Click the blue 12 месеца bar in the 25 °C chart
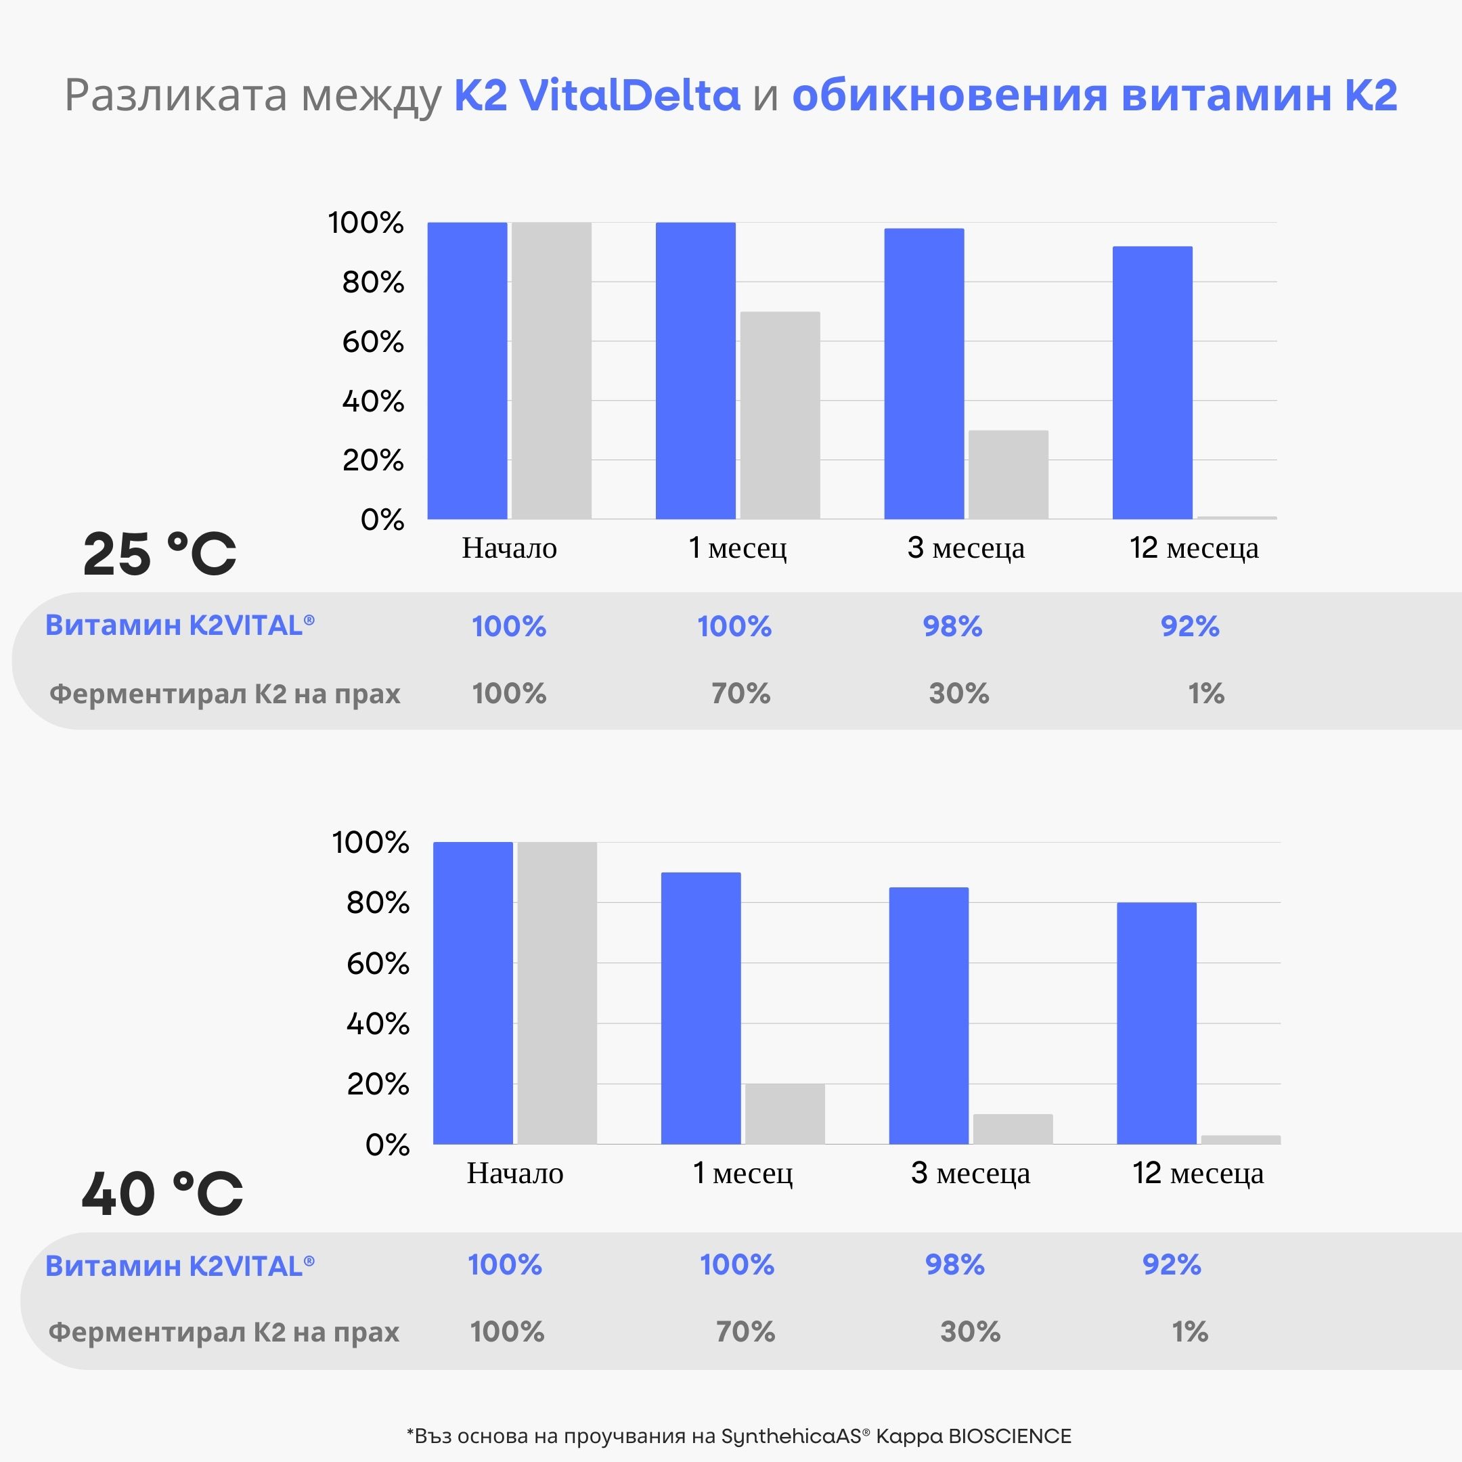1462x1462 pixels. pos(1152,382)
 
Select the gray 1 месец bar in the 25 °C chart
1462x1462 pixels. pos(780,415)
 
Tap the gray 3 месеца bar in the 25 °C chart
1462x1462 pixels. pos(1008,474)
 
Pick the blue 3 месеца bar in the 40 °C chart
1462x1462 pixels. pos(929,1015)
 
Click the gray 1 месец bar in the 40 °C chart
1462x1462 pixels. pos(784,1113)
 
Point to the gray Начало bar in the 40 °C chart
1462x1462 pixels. pos(557,993)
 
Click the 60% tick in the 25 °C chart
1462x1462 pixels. pos(372,342)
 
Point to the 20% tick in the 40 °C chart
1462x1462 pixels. pos(377,1084)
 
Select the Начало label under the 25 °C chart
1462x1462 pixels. pos(509,548)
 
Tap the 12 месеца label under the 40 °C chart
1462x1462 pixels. pos(1197,1174)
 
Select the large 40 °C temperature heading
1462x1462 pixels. pos(162,1194)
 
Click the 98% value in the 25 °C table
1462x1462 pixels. pos(952,627)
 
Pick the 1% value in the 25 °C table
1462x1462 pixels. pos(1205,693)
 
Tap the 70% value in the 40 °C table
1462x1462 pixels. pos(745,1332)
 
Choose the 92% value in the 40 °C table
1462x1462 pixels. pos(1172,1264)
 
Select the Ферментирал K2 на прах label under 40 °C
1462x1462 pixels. pos(224,1332)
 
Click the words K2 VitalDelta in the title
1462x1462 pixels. pos(596,95)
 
